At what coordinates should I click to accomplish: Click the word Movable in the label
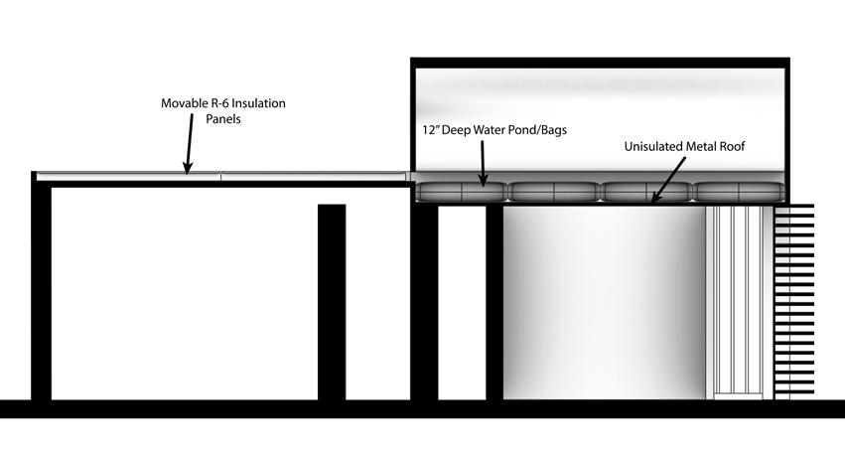click(185, 103)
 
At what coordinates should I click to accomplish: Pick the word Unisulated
click(657, 146)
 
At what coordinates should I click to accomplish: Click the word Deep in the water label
click(458, 130)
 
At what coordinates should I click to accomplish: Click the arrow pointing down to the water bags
click(484, 163)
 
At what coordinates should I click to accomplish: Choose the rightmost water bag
click(736, 192)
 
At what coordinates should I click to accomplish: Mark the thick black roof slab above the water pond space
click(600, 62)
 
